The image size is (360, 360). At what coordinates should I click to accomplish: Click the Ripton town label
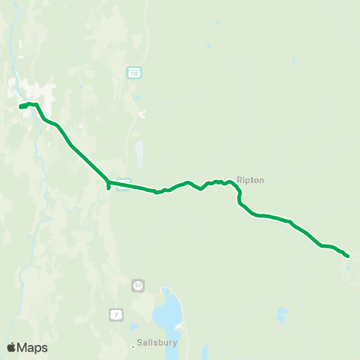[250, 180]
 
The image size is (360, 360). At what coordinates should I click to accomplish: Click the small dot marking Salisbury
[133, 346]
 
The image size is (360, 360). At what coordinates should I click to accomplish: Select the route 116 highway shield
[133, 73]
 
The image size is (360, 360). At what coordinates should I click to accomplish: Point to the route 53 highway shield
[138, 285]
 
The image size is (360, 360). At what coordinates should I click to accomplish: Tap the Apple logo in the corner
[11, 347]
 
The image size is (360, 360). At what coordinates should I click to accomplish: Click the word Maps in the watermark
[32, 347]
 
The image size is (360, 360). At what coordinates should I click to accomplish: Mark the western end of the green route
[20, 107]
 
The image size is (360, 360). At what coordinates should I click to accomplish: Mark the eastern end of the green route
[348, 256]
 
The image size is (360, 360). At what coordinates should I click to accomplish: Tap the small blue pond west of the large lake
[134, 326]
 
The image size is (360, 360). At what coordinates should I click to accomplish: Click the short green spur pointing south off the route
[109, 187]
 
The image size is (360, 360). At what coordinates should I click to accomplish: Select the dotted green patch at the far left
[13, 136]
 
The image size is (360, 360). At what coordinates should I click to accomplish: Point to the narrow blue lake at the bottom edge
[203, 349]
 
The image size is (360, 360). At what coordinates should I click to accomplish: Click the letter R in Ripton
[239, 180]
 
